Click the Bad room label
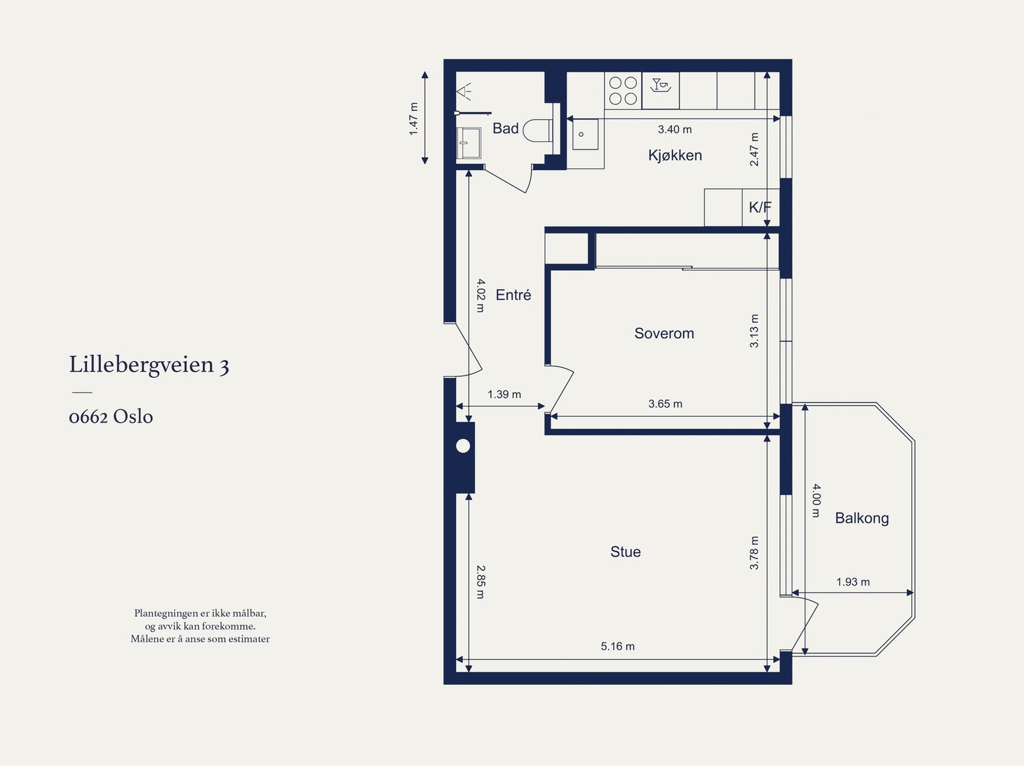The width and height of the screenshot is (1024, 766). pos(505,128)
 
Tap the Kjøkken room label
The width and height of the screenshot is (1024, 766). pos(675,155)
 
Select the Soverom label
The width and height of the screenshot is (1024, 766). pos(664,333)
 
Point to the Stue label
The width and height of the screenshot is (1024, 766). pos(625,552)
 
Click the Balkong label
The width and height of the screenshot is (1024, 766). pos(861,518)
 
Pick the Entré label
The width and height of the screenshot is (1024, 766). pos(513,295)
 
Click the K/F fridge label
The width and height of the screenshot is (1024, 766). pos(760,207)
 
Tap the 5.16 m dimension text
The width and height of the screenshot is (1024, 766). pos(618,646)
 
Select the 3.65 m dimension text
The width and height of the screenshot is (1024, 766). pos(665,404)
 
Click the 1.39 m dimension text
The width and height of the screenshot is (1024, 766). pos(504,395)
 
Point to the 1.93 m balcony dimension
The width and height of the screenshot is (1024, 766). pos(852,582)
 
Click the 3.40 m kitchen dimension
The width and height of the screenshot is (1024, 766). pos(675,130)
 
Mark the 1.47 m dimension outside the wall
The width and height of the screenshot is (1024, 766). pos(413,119)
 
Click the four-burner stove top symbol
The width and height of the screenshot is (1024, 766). pos(623,90)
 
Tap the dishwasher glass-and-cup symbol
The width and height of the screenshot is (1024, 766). pos(660,85)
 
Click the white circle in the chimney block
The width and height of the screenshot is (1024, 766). pos(463,446)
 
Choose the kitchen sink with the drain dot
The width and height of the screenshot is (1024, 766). pos(585,134)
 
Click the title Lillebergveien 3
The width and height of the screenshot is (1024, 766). pos(149,365)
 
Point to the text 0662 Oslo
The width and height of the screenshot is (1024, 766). pos(111,416)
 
